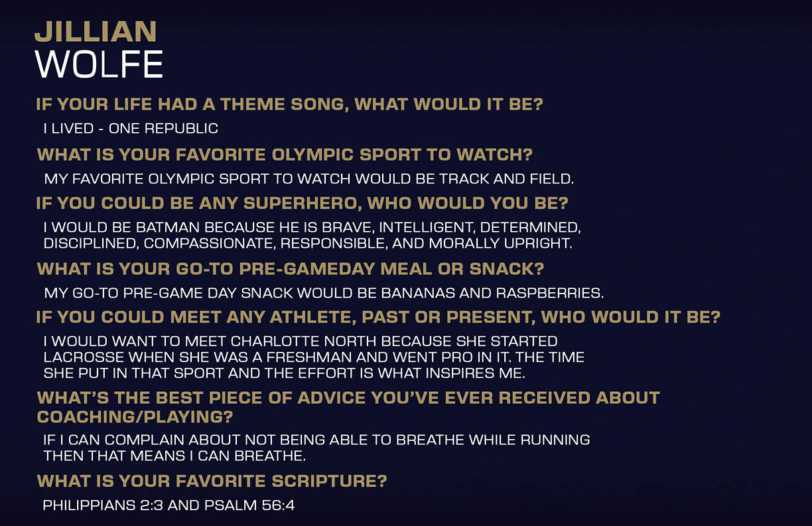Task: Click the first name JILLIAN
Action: pos(96,32)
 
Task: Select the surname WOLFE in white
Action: pos(99,64)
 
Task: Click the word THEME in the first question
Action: pos(253,104)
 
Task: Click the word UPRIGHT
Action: pos(538,244)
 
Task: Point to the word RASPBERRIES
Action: pos(550,294)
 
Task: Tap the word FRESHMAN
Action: pos(309,357)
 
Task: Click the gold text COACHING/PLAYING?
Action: pos(135,416)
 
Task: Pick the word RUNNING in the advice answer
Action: pos(555,440)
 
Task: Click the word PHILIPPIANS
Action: pos(89,505)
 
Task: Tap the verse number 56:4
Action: pos(278,505)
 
